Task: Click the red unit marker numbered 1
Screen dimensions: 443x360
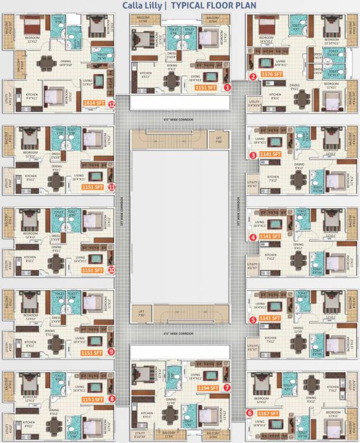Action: pos(227,87)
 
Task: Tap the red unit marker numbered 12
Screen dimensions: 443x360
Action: pos(111,104)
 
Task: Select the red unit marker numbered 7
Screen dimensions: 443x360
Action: pos(227,388)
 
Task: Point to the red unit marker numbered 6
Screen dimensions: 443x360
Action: pos(250,412)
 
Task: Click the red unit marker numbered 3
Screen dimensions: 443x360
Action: pos(253,155)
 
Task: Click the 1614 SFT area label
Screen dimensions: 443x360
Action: pos(94,103)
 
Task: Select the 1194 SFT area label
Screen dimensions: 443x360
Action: pos(209,388)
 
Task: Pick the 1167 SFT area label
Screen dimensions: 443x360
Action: pos(269,413)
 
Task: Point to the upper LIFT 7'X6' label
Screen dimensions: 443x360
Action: pos(219,139)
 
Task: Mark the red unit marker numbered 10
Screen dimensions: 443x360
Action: pos(111,269)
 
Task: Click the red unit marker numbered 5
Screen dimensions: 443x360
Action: pos(253,319)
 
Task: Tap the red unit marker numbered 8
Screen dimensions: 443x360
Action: pos(111,398)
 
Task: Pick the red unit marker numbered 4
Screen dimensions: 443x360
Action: pos(253,237)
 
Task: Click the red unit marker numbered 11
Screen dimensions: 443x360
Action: pos(111,187)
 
